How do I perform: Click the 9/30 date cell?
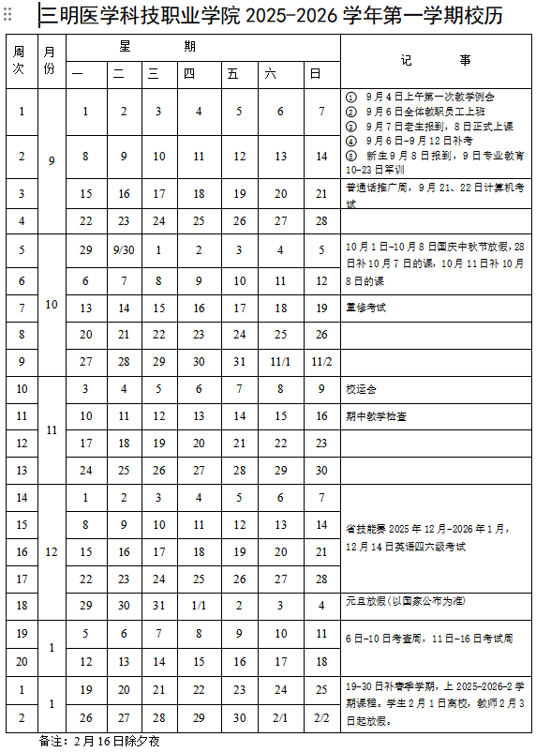coord(124,250)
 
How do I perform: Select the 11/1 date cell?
coord(280,361)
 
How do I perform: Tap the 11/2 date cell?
coord(321,361)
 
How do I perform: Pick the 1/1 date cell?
coord(199,606)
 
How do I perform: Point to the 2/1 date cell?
coord(280,717)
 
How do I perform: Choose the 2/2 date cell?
coord(321,717)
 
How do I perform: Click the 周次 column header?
coord(21,61)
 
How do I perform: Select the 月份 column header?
coord(51,61)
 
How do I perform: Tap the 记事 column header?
coord(435,61)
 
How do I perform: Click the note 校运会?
coord(362,389)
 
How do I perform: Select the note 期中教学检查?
coord(376,416)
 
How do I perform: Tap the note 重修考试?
coord(365,307)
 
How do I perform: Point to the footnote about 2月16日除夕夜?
coord(93,741)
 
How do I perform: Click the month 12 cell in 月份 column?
coord(51,551)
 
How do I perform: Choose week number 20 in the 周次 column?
coord(21,661)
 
